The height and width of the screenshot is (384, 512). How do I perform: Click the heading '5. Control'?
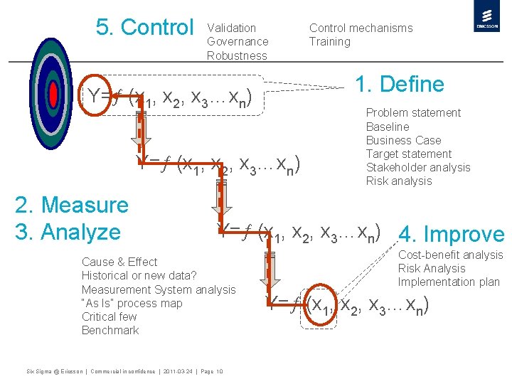click(144, 28)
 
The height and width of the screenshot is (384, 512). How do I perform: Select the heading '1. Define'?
click(399, 85)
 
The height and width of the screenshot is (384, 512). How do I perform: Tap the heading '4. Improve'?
click(452, 235)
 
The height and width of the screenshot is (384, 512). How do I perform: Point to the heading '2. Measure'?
click(72, 205)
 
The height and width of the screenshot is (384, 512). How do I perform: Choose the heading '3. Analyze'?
click(68, 232)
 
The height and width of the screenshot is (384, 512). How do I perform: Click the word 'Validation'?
click(231, 28)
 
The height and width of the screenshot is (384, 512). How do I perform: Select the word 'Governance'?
click(238, 41)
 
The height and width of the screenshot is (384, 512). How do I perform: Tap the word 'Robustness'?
click(237, 55)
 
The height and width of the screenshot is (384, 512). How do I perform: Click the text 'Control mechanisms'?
click(361, 28)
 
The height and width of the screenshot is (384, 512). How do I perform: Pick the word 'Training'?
click(329, 41)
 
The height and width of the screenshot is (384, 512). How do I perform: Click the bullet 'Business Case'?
click(403, 140)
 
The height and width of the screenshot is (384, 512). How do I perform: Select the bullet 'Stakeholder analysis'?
click(418, 167)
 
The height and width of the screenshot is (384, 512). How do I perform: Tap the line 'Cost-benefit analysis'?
click(450, 255)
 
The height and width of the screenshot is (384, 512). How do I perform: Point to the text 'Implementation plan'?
click(449, 282)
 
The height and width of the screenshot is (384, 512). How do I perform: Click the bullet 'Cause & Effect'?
click(119, 262)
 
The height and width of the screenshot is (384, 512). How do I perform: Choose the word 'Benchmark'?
click(110, 330)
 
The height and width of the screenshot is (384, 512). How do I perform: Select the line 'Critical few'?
click(109, 316)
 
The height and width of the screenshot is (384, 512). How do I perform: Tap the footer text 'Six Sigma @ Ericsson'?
click(54, 371)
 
